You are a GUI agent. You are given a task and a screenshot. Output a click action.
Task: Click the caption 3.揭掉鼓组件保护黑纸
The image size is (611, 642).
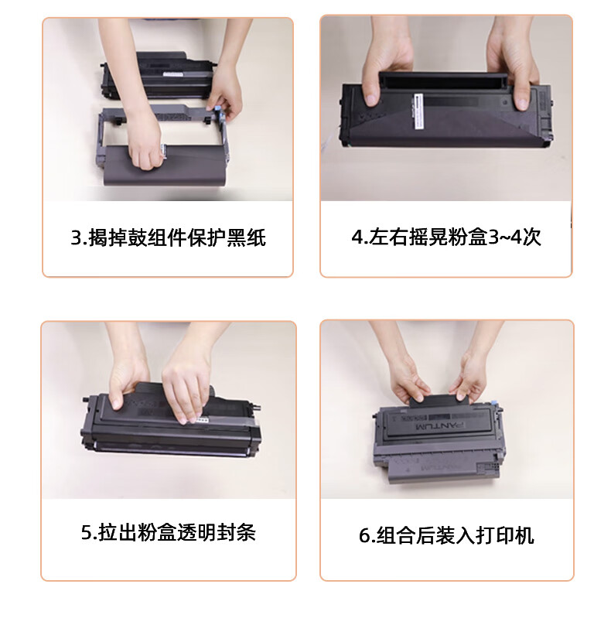(x=169, y=238)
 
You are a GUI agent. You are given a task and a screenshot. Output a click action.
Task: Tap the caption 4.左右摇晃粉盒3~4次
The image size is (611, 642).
(x=446, y=237)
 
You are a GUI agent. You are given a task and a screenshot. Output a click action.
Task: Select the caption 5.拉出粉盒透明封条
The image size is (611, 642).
(x=169, y=532)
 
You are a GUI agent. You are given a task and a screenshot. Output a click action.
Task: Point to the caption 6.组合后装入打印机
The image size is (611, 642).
(x=446, y=535)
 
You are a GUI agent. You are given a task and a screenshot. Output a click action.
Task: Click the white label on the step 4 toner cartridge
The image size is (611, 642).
(x=418, y=112)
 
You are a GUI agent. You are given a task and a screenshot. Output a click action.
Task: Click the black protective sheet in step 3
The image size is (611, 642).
(x=165, y=166)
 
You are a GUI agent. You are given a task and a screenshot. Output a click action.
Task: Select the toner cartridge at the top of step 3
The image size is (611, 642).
(x=156, y=76)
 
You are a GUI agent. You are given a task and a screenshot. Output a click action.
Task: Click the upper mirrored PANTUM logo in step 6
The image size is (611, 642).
(x=440, y=426)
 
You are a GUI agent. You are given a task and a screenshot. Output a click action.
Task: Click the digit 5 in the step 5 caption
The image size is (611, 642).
(x=87, y=533)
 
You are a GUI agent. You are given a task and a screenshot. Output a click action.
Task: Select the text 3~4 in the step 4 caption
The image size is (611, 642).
(x=505, y=237)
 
